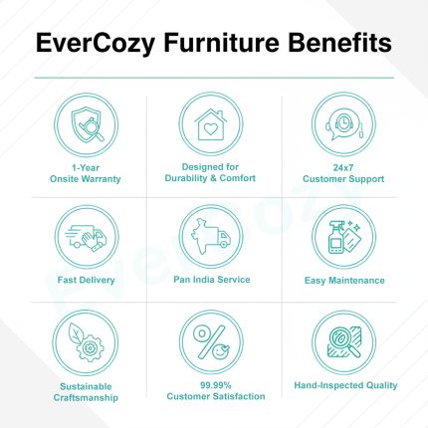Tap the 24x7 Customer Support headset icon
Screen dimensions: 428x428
click(x=342, y=126)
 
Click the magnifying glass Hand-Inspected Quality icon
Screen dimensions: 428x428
click(x=342, y=344)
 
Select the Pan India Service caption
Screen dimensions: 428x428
click(x=210, y=281)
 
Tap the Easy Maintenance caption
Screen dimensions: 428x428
click(x=343, y=281)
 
